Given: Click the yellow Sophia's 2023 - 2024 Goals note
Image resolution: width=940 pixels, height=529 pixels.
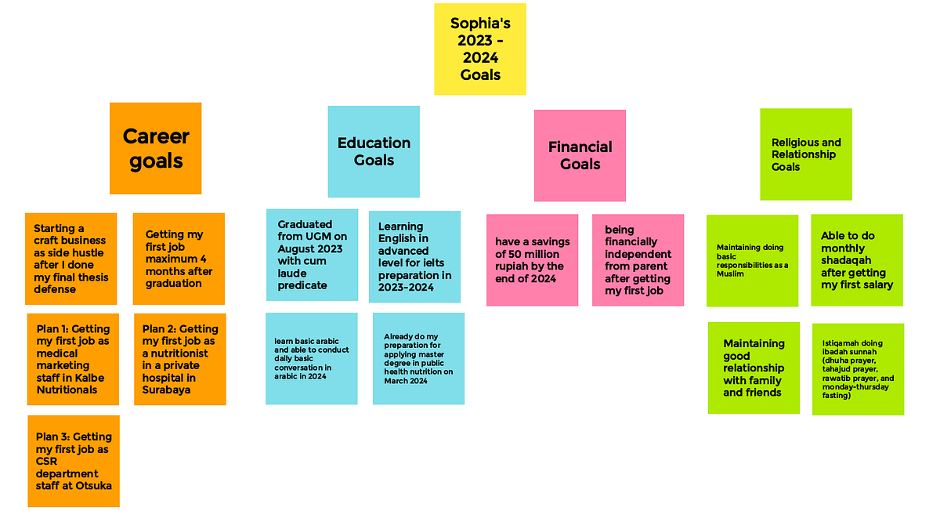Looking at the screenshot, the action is coord(479,49).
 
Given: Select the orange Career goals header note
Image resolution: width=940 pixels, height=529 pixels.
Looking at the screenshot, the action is coord(155,148).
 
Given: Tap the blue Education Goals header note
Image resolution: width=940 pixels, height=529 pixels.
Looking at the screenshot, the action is coord(374,151).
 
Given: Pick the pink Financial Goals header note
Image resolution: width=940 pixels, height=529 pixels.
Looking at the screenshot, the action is coord(580,155).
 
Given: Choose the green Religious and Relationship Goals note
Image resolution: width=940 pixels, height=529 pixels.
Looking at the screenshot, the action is coord(806,154).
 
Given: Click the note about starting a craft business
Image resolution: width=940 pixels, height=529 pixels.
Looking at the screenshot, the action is coord(71,259).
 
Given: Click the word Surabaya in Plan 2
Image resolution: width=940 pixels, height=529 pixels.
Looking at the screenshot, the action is coord(166,390).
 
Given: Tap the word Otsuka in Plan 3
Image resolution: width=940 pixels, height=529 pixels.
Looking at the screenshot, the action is coord(98,486).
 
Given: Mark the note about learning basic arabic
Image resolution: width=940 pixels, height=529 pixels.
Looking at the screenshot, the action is coord(312,359).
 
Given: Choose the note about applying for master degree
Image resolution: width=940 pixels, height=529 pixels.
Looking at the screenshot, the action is coord(418,359).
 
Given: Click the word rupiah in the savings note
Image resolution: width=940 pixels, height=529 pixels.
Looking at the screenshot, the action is coord(511,266).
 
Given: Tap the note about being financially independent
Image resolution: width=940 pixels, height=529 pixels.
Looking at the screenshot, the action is coord(638,260).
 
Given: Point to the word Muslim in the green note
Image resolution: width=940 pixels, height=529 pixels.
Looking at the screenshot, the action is coord(730,274).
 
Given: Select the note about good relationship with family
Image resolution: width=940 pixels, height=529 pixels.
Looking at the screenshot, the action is coord(754,368).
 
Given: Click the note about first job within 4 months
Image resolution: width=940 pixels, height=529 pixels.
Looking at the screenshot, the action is coord(179,259).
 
